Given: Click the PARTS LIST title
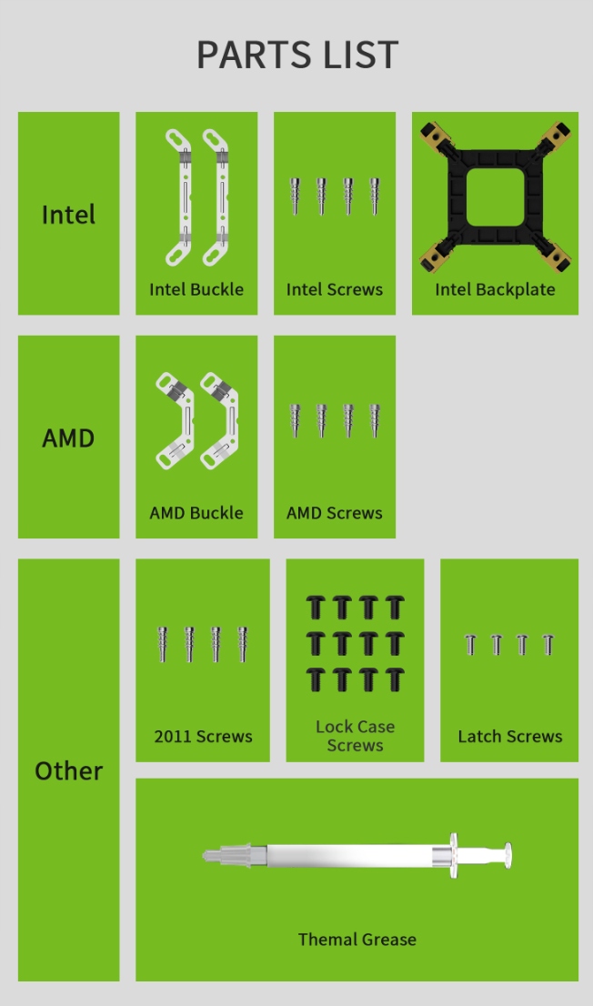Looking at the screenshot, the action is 297,55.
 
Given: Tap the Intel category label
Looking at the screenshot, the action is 68,215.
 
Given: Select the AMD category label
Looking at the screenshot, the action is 68,438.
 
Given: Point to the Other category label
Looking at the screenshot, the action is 68,770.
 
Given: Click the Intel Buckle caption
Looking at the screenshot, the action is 196,289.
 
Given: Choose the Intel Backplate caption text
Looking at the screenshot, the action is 495,289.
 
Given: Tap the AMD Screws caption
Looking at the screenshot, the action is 335,512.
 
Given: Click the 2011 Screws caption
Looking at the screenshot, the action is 203,736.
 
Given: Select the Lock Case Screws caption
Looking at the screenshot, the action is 355,736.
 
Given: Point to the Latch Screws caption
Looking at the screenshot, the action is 509,736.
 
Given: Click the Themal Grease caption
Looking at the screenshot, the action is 357,939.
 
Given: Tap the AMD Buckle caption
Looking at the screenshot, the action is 196,512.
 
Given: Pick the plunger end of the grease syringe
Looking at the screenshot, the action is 507,855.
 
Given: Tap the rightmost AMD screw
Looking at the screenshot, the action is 375,419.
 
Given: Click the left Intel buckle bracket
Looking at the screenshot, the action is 179,196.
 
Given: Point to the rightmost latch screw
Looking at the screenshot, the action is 548,645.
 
